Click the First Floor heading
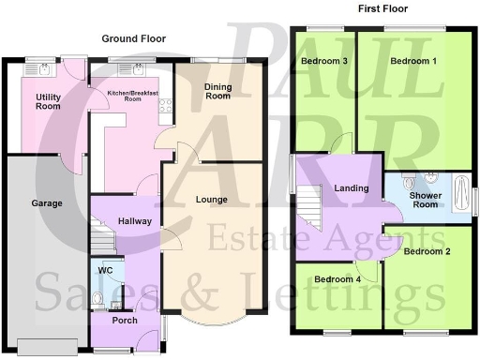[384, 8]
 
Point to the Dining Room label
[217, 90]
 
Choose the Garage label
[47, 202]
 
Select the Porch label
[125, 321]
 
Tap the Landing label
[352, 188]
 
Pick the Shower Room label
[426, 199]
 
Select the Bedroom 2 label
[427, 251]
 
